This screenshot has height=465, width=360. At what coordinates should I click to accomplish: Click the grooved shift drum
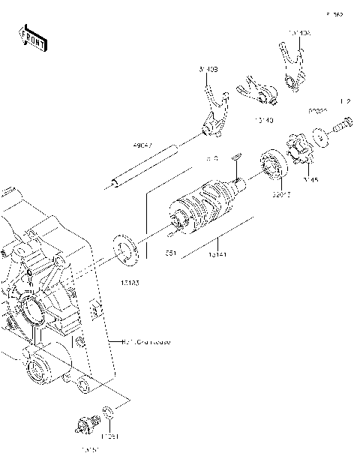(x=201, y=210)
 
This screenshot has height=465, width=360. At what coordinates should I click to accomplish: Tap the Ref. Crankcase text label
(x=147, y=341)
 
